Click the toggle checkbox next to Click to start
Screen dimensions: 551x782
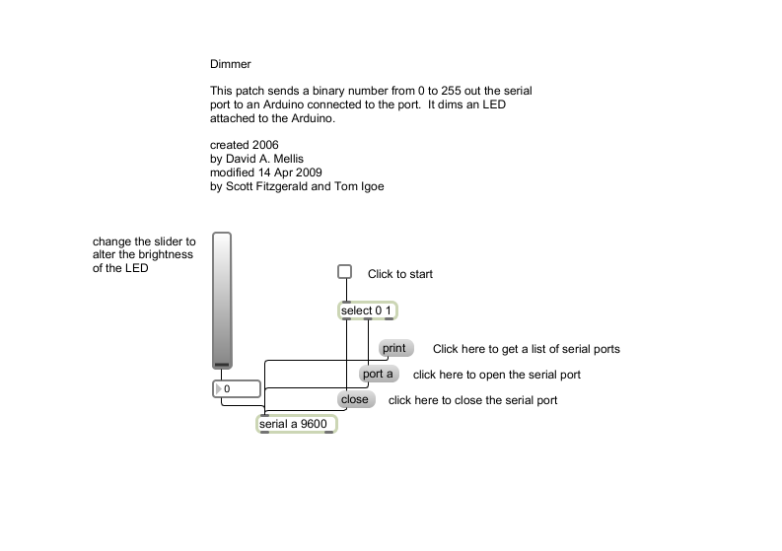point(344,272)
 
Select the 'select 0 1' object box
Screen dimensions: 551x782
point(367,311)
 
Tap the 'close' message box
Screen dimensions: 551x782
point(354,399)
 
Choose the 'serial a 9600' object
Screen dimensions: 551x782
point(296,424)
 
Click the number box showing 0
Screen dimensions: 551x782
point(238,389)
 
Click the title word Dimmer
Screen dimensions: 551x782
point(230,64)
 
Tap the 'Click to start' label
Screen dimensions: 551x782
point(399,274)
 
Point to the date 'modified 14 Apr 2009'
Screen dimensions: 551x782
point(266,172)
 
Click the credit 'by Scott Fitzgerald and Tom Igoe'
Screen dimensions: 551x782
point(297,184)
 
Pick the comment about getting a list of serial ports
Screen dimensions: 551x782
point(526,349)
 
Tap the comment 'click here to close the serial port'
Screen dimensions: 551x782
point(472,400)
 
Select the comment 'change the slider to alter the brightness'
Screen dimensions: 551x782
point(144,254)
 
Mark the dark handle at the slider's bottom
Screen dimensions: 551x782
point(222,365)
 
